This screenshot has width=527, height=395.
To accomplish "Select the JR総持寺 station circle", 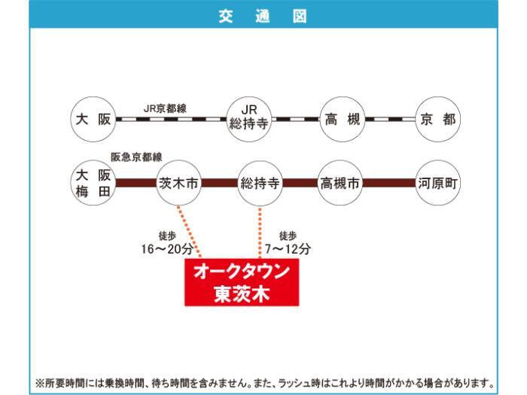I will (x=249, y=119).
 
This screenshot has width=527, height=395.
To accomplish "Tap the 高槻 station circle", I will (x=342, y=119).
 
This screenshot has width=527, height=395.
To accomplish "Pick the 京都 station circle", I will (x=437, y=119).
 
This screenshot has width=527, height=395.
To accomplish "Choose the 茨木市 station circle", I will (x=179, y=183).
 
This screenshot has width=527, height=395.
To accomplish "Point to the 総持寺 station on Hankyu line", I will (x=260, y=183).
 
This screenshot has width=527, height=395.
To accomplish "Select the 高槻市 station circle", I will (x=340, y=183).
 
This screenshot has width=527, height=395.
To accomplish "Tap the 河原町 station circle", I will (x=437, y=183).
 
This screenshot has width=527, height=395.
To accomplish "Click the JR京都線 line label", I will (x=165, y=108).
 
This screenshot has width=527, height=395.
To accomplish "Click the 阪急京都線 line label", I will (x=136, y=157).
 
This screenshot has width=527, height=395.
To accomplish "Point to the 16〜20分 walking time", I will (x=167, y=248).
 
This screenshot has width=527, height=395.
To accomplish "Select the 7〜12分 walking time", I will (x=288, y=248).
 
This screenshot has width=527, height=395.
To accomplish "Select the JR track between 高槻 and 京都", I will (x=390, y=119).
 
